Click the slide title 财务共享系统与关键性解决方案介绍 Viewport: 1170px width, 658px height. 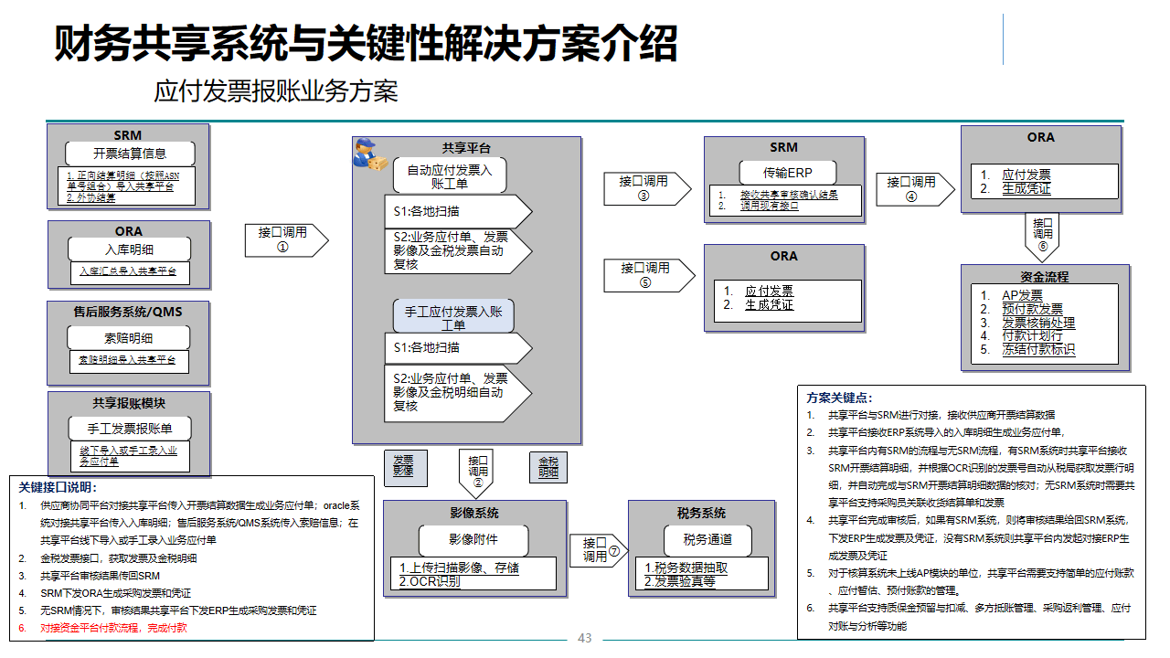pos(366,44)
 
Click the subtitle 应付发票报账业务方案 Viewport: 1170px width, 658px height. pos(276,91)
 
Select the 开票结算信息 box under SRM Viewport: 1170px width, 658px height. pos(129,154)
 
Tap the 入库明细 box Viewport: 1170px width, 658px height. pos(129,249)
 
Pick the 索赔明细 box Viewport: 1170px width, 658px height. pos(129,338)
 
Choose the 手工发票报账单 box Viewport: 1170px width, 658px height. pos(129,428)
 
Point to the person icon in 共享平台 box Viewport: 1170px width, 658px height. pos(371,154)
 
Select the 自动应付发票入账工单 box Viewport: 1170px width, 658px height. pos(450,176)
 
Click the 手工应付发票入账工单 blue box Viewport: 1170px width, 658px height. pos(454,317)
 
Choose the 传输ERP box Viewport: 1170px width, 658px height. pos(787,173)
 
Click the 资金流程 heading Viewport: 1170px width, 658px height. pos(1044,276)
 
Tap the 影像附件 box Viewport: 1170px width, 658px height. pos(473,539)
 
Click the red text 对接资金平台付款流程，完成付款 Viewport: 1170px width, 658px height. pos(113,628)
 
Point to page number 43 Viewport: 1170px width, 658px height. pos(585,638)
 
